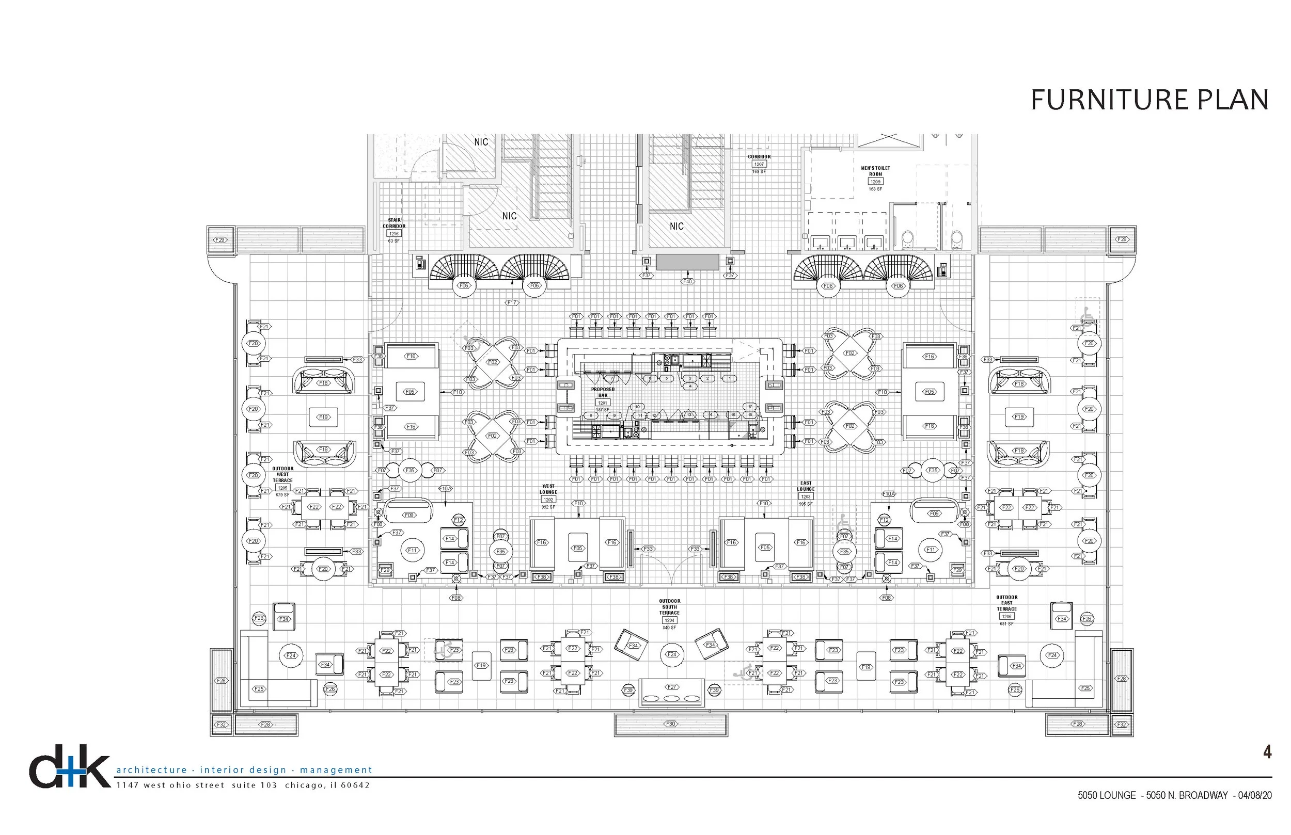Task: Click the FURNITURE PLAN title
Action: [x=1149, y=100]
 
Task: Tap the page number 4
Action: [x=1267, y=752]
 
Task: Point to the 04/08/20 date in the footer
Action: [x=1255, y=795]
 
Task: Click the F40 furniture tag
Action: [x=687, y=281]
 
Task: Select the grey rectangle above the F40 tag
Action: [x=687, y=262]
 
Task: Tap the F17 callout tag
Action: [x=512, y=302]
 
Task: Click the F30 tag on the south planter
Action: [x=670, y=724]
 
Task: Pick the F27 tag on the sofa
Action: [x=671, y=687]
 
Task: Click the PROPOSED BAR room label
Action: [x=603, y=392]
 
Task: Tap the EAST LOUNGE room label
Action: [x=806, y=486]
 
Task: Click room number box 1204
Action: [x=669, y=620]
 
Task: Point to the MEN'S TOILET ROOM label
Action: [x=875, y=171]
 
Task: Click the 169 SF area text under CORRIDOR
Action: [x=759, y=171]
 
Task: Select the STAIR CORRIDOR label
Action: [x=394, y=223]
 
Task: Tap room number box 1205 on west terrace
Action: [x=282, y=488]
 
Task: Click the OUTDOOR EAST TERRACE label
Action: [x=1007, y=603]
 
